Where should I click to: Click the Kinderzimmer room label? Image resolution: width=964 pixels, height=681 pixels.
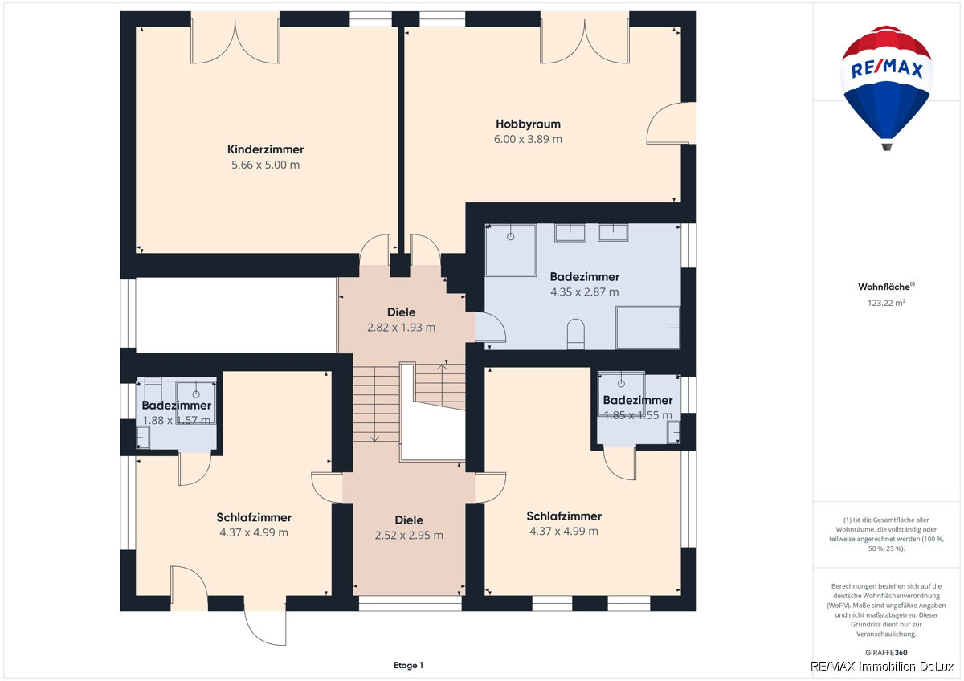click(x=266, y=149)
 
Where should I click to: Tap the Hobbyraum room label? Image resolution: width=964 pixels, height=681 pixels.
click(x=528, y=124)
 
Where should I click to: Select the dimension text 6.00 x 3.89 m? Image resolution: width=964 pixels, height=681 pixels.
click(x=528, y=139)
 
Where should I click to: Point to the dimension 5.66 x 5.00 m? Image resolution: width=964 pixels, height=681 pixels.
click(x=266, y=165)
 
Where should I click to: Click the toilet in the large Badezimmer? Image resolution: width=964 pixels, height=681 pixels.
click(x=576, y=334)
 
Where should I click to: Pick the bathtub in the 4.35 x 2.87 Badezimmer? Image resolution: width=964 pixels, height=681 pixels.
click(x=647, y=328)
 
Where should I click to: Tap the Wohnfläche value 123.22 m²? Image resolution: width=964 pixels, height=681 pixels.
click(x=887, y=303)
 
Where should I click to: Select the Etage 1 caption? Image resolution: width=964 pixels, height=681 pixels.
click(x=408, y=665)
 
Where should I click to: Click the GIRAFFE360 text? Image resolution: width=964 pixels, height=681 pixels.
click(x=887, y=653)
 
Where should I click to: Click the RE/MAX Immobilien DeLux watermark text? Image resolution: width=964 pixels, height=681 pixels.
click(x=882, y=667)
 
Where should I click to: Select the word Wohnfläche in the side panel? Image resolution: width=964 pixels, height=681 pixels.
click(x=884, y=287)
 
